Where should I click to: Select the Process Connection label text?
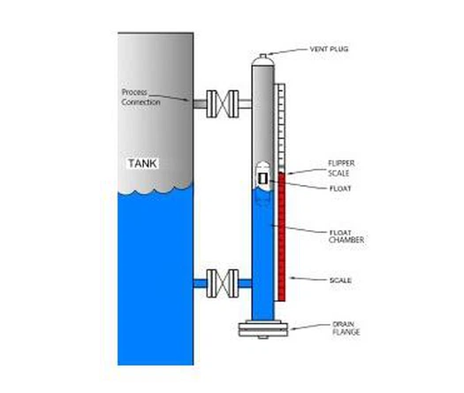click(141, 97)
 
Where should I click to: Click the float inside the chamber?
click(262, 177)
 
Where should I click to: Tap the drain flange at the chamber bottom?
click(262, 332)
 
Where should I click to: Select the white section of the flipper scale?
click(280, 124)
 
